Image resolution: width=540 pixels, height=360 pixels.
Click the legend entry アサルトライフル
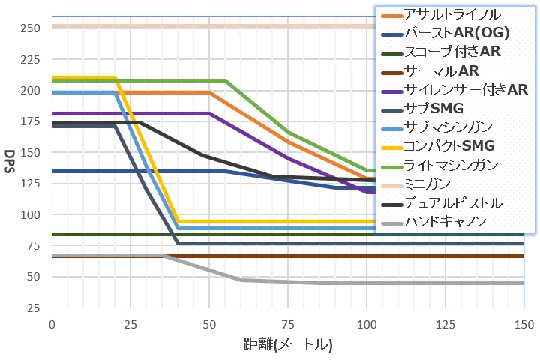tap(450, 14)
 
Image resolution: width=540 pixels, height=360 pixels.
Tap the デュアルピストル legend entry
tap(450, 202)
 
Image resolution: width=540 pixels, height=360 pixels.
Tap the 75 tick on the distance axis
tap(288, 324)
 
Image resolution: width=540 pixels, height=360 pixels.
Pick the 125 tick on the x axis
tap(445, 324)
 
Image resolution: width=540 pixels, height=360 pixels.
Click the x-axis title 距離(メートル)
tap(288, 344)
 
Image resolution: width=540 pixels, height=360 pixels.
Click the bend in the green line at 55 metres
tap(226, 80)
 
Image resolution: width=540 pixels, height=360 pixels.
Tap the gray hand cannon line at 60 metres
tap(241, 280)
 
